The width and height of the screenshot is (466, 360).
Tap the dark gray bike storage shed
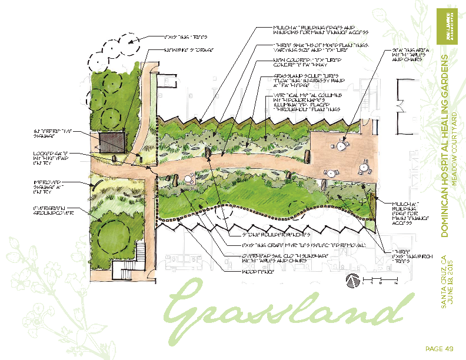click(111, 142)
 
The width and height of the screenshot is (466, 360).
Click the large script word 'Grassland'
click(288, 311)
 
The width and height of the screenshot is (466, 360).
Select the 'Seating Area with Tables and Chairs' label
click(406, 55)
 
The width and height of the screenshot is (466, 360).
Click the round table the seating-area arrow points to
click(342, 144)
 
